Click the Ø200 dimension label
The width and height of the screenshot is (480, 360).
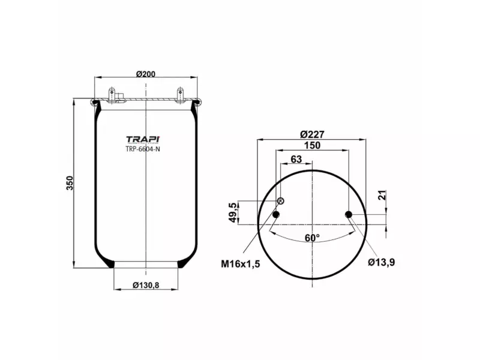coord(146,74)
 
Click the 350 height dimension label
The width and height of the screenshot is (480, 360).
coord(70,183)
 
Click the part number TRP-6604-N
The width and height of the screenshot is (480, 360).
coord(143,149)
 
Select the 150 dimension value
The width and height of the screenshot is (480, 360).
coord(312,146)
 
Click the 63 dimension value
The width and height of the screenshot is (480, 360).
coord(296,159)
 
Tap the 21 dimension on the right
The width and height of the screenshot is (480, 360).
coord(382,196)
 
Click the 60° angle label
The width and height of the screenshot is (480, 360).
coord(312,238)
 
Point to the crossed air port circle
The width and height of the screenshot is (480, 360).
coord(280,201)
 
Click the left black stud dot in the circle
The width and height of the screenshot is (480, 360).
coord(276,215)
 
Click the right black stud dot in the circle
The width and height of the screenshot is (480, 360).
coord(349,215)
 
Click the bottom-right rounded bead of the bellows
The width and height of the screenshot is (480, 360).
coord(184,263)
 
